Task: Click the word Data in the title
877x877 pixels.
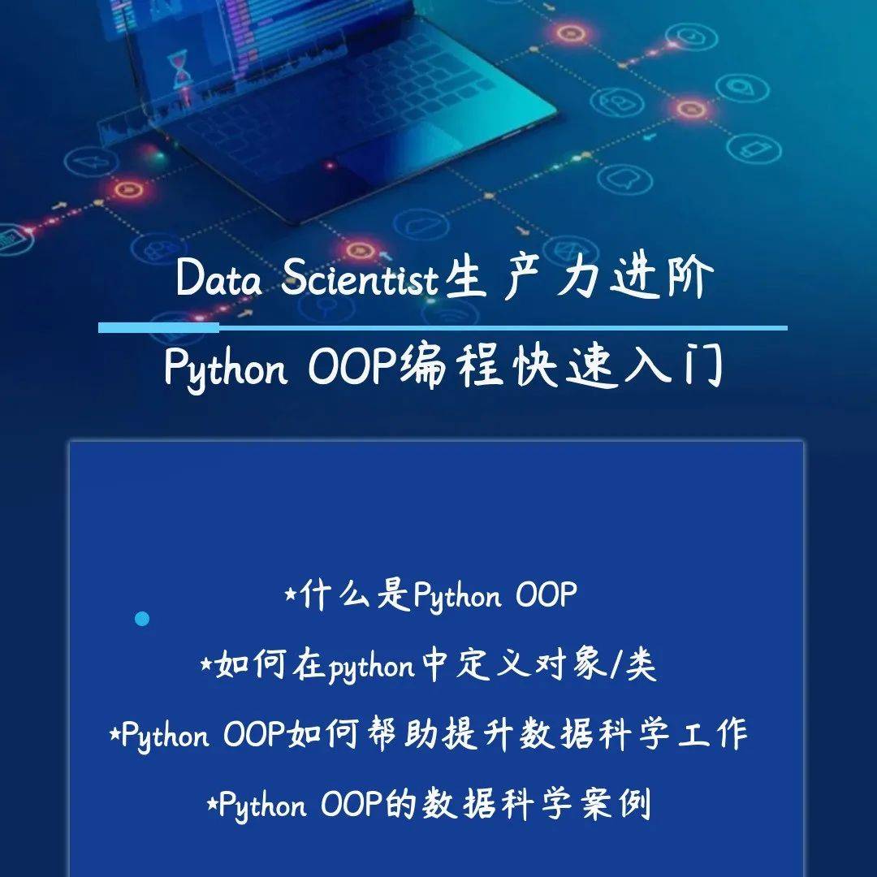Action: pyautogui.click(x=218, y=277)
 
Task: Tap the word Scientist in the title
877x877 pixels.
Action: pyautogui.click(x=360, y=277)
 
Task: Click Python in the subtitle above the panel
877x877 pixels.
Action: pyautogui.click(x=226, y=368)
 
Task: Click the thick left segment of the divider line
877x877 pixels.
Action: pyautogui.click(x=158, y=328)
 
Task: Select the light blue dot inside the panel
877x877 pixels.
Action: pyautogui.click(x=142, y=619)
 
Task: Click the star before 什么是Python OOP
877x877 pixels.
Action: pyautogui.click(x=290, y=594)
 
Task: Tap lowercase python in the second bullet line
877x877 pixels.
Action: pyautogui.click(x=371, y=667)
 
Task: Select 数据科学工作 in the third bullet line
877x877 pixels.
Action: pyautogui.click(x=633, y=734)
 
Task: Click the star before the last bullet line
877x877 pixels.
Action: pyautogui.click(x=213, y=804)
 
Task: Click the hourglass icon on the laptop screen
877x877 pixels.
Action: pyautogui.click(x=180, y=69)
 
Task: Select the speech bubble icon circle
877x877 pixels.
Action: pyautogui.click(x=624, y=179)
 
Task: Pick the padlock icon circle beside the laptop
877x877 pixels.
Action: pyautogui.click(x=617, y=102)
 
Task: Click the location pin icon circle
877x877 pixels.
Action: pyautogui.click(x=742, y=88)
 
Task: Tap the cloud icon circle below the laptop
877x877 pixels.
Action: pyautogui.click(x=421, y=225)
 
